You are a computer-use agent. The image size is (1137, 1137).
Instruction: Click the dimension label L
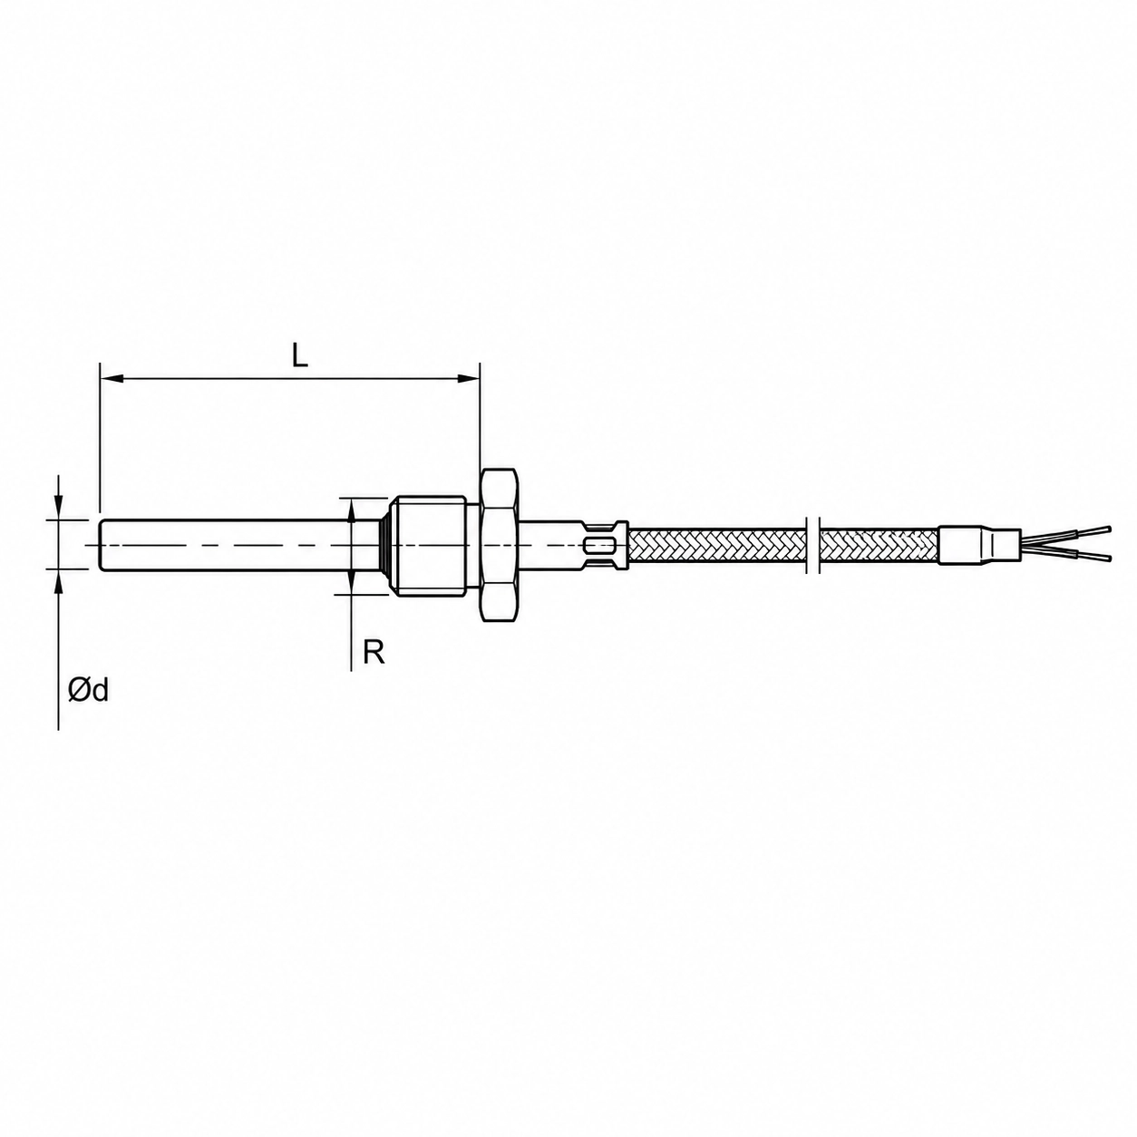pos(300,355)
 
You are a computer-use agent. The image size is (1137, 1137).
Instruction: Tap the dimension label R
pos(374,652)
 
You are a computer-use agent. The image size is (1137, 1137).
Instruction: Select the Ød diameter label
pos(89,689)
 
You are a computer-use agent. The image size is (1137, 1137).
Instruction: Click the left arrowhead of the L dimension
pos(111,378)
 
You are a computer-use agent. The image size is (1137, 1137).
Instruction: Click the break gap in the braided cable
pos(813,544)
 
